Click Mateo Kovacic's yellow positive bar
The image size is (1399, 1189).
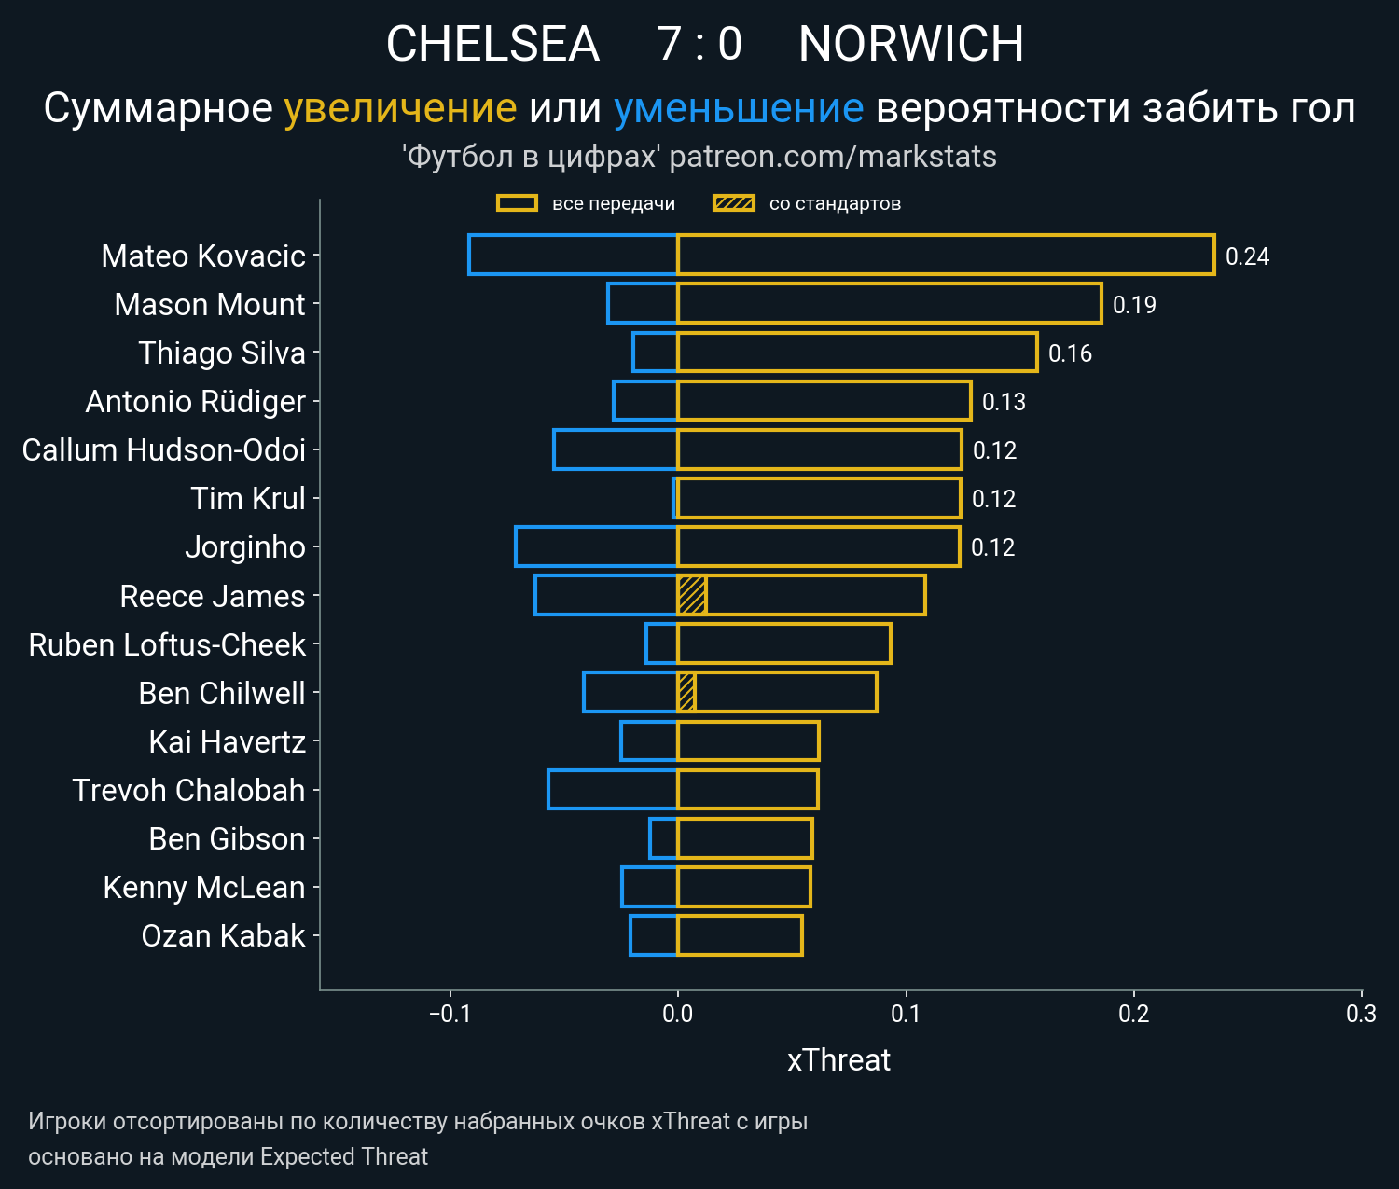(946, 255)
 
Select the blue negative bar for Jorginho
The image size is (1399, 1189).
(596, 546)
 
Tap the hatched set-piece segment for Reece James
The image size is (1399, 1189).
(691, 595)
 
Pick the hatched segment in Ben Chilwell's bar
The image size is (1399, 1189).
(686, 692)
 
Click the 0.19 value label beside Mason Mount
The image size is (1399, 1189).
(1134, 305)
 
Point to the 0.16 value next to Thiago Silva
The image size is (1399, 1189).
(1070, 353)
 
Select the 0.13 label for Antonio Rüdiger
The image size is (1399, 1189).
(1004, 402)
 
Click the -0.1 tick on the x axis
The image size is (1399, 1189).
(450, 1014)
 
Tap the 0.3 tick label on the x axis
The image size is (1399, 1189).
(1361, 1014)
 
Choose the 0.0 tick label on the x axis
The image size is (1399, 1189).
(677, 1014)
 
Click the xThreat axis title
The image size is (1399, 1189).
(838, 1060)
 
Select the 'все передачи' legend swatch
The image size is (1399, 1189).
(517, 203)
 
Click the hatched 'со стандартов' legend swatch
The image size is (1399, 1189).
(733, 203)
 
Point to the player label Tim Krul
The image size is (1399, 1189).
(248, 498)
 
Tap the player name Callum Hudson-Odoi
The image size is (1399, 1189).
(164, 449)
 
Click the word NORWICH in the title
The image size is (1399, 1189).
(910, 44)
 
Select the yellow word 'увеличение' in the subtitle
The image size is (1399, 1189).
(400, 108)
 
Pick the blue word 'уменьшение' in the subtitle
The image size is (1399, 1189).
(738, 108)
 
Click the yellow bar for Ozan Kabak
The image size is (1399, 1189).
(740, 935)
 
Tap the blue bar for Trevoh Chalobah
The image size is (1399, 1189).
(612, 789)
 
